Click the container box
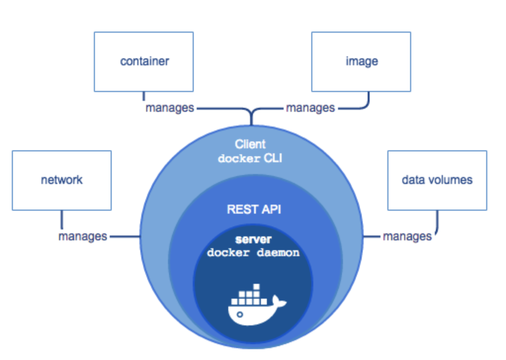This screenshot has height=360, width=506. click(x=144, y=61)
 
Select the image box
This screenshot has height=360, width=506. click(x=361, y=61)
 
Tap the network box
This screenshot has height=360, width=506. click(x=62, y=180)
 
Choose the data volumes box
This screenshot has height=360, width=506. click(x=437, y=180)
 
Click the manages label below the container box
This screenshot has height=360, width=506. click(x=169, y=107)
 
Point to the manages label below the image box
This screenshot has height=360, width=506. click(x=310, y=107)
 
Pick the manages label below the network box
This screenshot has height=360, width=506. click(x=83, y=236)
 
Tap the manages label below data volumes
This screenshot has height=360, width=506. click(x=407, y=236)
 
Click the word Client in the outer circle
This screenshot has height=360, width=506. click(x=250, y=144)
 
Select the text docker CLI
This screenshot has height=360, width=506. click(x=250, y=159)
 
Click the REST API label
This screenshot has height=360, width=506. click(x=253, y=209)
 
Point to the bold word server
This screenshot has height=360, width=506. click(x=253, y=239)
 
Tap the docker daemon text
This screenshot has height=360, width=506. click(x=253, y=253)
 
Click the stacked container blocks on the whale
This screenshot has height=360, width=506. click(x=252, y=295)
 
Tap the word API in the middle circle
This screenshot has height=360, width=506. click(x=270, y=209)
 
